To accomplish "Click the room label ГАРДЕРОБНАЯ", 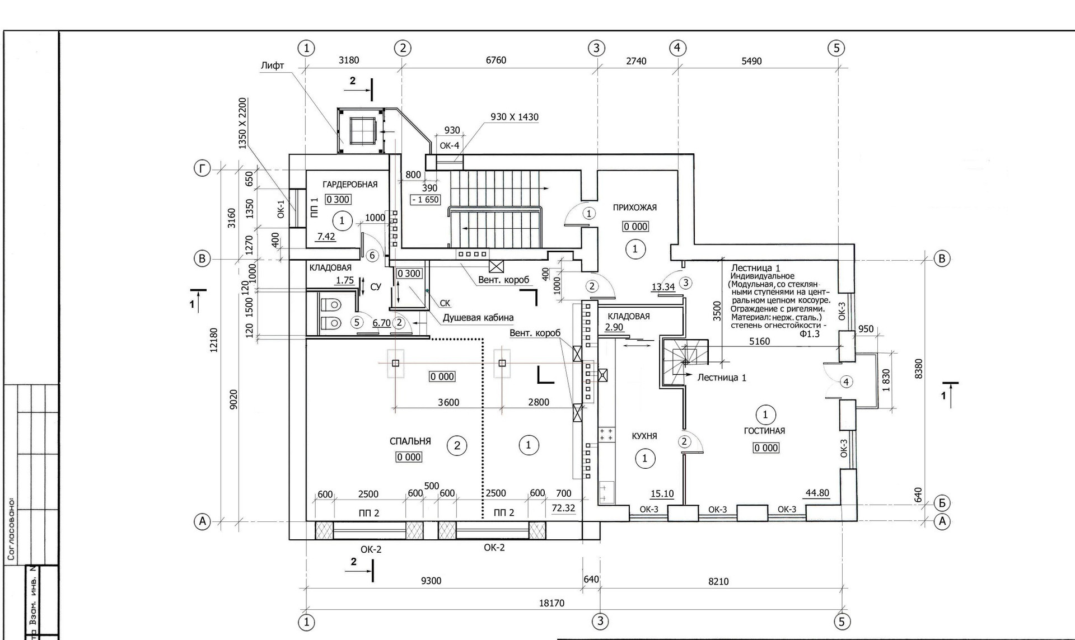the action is click(350, 184).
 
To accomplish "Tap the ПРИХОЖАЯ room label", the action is click(634, 207).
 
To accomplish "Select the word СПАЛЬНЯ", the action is click(410, 441).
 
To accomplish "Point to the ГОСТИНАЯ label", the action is click(764, 431).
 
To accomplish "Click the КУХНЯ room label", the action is click(644, 436).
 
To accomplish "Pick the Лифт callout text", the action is click(272, 65).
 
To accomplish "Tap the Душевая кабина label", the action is click(478, 318).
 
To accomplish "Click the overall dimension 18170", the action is click(551, 603).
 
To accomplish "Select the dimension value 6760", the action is click(496, 60).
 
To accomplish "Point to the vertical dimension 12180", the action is click(213, 340).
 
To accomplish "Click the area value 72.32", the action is click(563, 508).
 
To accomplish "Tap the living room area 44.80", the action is click(817, 493).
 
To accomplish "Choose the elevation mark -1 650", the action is click(426, 200).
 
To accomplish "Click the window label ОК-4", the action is click(449, 146).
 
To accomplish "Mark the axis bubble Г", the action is click(202, 168).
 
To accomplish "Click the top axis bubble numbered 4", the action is click(677, 48).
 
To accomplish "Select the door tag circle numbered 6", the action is click(372, 256).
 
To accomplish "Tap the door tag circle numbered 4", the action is click(846, 382).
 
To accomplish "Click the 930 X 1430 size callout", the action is click(514, 117).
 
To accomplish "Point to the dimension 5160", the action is click(759, 341).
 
